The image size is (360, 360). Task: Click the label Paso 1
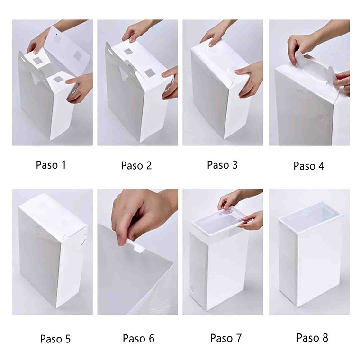(x=51, y=165)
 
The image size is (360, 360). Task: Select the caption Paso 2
(x=136, y=165)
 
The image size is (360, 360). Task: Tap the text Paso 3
(x=222, y=165)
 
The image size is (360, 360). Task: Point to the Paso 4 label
(x=308, y=166)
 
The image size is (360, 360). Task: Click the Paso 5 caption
(x=55, y=339)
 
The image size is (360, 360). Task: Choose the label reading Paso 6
(x=138, y=339)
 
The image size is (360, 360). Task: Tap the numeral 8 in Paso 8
(x=325, y=338)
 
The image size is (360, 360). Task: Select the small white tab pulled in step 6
(x=134, y=243)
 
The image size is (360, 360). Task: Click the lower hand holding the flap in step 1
(x=80, y=88)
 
